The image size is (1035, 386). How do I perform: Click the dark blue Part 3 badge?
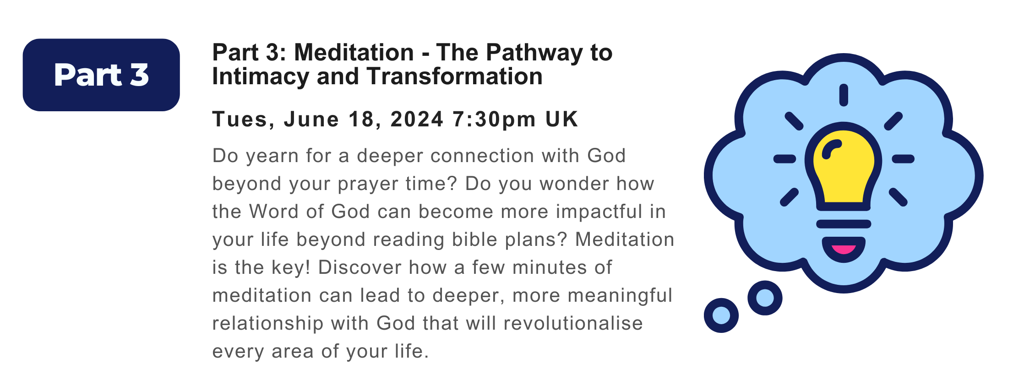pyautogui.click(x=101, y=75)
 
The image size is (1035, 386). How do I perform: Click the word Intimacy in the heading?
pyautogui.click(x=260, y=76)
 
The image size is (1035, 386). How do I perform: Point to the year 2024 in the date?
pyautogui.click(x=417, y=119)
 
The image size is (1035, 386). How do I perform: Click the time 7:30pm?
pyautogui.click(x=494, y=120)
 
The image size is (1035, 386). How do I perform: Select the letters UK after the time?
pyautogui.click(x=561, y=119)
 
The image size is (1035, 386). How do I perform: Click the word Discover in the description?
pyautogui.click(x=360, y=267)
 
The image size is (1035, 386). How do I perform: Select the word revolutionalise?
pyautogui.click(x=573, y=323)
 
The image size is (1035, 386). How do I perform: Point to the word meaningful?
pyautogui.click(x=620, y=296)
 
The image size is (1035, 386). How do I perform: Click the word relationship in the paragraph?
pyautogui.click(x=267, y=323)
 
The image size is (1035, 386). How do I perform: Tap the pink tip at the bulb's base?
pyautogui.click(x=844, y=250)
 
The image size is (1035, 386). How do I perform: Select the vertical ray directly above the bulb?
pyautogui.click(x=844, y=95)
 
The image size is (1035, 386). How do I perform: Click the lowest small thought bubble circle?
pyautogui.click(x=721, y=315)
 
